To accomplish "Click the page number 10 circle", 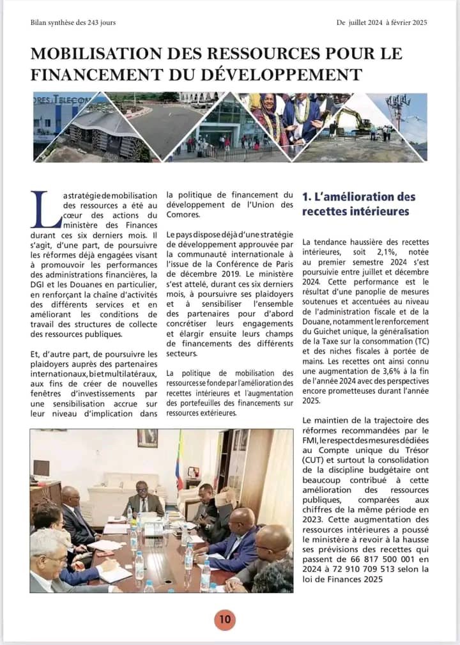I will [x=225, y=619].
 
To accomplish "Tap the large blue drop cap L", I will [x=42, y=210].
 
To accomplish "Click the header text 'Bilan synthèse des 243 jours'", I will [x=73, y=22].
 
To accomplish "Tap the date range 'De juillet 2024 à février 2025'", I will [x=381, y=22].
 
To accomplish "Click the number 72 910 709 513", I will [x=362, y=569].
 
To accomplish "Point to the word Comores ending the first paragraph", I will [x=182, y=215].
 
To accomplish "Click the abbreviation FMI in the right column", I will [x=311, y=440].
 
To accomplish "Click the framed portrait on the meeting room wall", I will [x=147, y=438].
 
